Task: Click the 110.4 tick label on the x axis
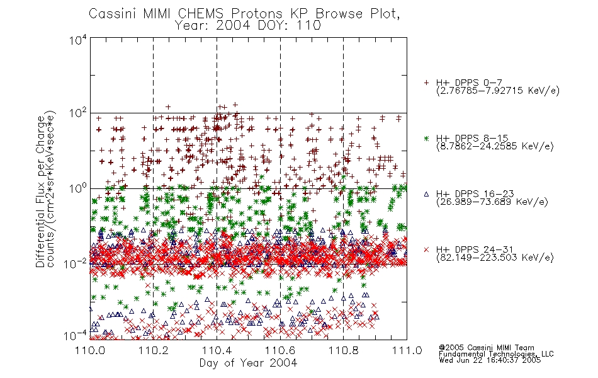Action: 217,350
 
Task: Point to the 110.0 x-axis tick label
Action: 90,350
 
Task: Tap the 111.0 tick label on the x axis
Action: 407,350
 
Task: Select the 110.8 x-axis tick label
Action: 343,350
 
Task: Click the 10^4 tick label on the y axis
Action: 78,40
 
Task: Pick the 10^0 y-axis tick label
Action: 78,188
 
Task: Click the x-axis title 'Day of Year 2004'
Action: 248,363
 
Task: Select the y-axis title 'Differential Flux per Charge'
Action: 40,192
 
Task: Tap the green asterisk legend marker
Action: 426,138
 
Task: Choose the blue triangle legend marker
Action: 426,194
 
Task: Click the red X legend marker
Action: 426,249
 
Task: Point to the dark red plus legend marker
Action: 426,83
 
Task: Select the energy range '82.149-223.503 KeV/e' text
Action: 495,258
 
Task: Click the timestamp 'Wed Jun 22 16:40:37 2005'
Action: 490,360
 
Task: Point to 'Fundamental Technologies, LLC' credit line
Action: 496,354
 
